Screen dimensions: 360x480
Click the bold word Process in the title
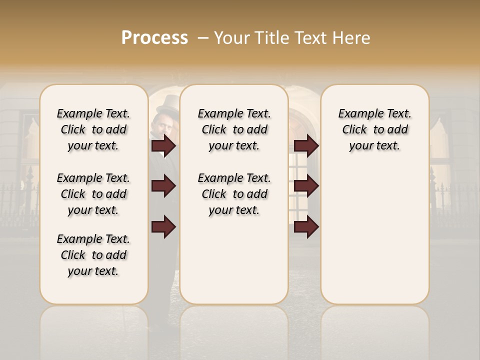[154, 38]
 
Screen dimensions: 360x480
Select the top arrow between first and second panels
[163, 146]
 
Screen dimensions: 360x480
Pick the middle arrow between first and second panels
[163, 186]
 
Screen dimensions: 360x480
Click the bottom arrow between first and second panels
[163, 226]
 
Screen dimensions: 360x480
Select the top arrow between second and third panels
[306, 146]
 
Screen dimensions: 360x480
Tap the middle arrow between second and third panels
[306, 186]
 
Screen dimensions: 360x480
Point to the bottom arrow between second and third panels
[306, 226]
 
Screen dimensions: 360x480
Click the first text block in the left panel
[93, 129]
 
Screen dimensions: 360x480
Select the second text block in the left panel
[93, 194]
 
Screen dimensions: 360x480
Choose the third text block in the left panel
[93, 255]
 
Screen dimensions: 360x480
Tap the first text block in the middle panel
[234, 129]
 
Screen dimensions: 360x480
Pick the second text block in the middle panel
[234, 194]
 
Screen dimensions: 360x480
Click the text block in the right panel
[375, 129]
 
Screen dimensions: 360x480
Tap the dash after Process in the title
[202, 38]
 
